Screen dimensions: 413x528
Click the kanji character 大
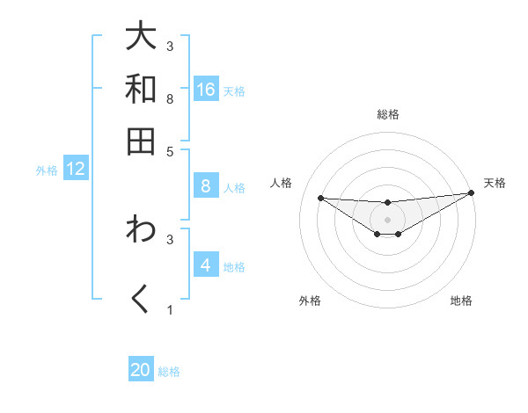click(142, 37)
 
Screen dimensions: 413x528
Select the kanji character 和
click(142, 90)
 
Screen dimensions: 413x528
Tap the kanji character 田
click(142, 141)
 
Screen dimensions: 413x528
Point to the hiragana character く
click(142, 299)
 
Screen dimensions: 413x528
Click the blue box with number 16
click(206, 90)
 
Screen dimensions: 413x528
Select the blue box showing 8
click(206, 185)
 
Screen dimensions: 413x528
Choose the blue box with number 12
click(76, 169)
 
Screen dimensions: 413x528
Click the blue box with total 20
click(141, 370)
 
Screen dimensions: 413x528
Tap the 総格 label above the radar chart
click(388, 115)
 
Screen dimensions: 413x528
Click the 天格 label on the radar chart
click(495, 183)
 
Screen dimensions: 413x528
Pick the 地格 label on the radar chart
click(461, 301)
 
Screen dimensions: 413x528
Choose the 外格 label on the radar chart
click(310, 301)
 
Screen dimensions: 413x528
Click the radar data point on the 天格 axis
click(472, 192)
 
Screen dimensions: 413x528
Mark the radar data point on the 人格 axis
click(320, 198)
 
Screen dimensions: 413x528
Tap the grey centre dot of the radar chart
click(388, 219)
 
